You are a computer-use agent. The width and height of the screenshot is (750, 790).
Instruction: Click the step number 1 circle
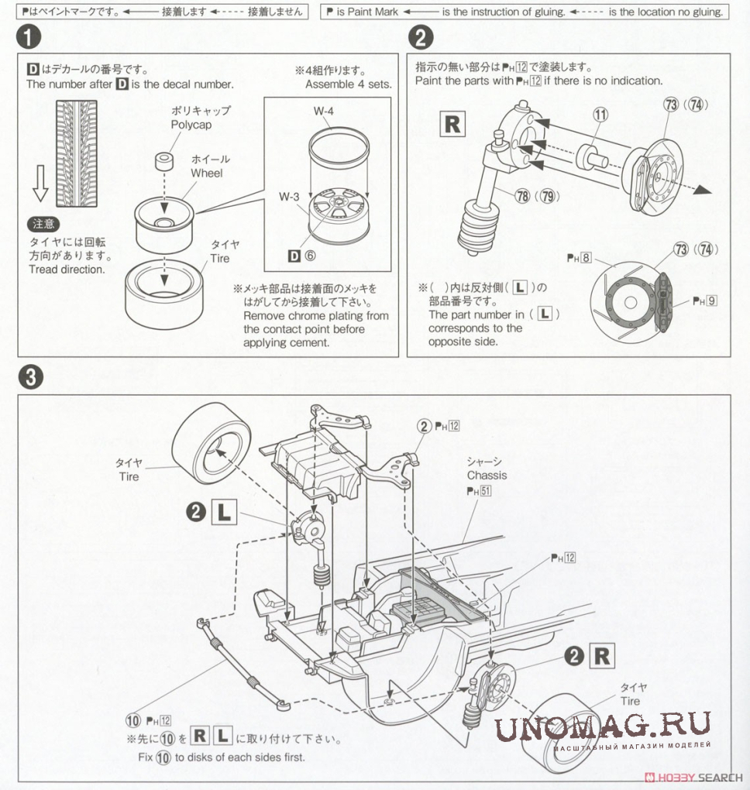tap(30, 37)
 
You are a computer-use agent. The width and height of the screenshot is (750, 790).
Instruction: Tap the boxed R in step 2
tap(452, 125)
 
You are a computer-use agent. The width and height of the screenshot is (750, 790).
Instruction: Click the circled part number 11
tap(600, 114)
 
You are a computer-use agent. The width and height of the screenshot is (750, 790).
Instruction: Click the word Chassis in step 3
tap(487, 475)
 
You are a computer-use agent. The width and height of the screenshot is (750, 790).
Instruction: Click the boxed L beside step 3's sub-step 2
tap(224, 510)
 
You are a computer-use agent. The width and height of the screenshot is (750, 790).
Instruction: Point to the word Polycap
tap(191, 125)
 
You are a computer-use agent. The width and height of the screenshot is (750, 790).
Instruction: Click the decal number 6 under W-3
tap(309, 256)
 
